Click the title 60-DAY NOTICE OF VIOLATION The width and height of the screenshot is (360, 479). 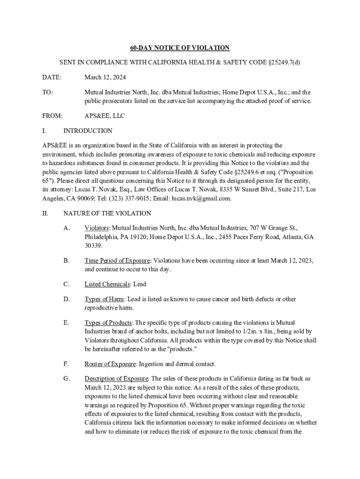180,48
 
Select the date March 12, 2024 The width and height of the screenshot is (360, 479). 105,77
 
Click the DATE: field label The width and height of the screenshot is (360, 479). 51,77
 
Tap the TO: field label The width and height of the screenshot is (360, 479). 47,93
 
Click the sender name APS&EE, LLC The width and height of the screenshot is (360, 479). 104,116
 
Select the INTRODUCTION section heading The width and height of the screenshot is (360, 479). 88,131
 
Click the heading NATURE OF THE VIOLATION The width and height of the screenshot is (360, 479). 107,213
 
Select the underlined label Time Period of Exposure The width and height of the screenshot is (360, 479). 117,261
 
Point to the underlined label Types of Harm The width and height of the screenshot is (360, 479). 104,299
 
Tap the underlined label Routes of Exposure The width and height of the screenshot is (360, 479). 110,363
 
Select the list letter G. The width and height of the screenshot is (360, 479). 66,378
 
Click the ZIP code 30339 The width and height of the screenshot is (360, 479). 93,246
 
